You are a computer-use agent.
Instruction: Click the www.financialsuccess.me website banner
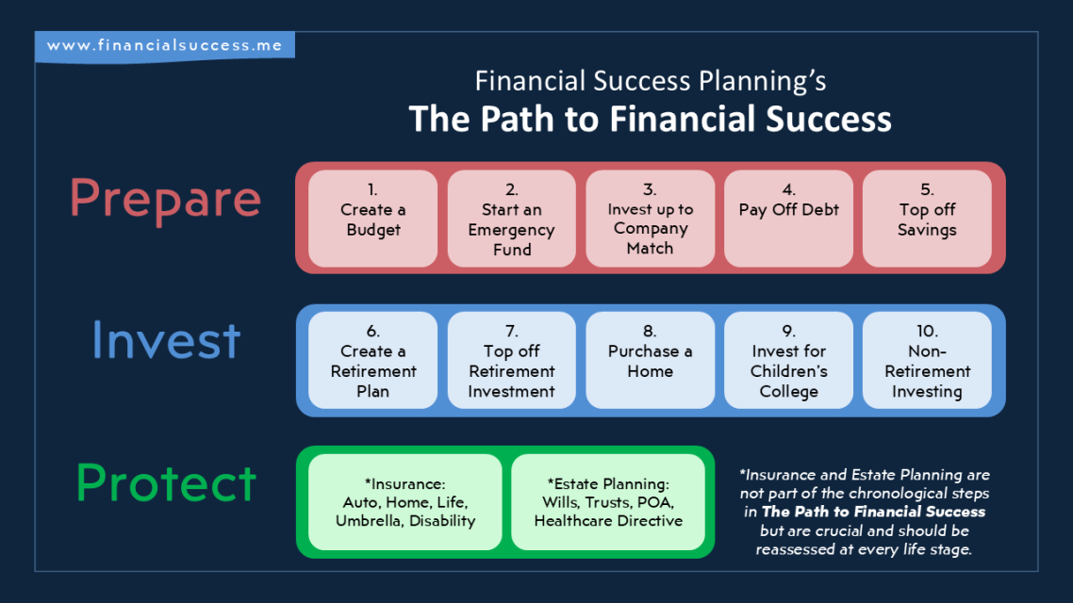point(165,46)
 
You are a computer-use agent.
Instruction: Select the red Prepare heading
point(166,200)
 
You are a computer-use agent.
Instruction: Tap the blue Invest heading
point(166,340)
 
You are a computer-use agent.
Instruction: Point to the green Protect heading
point(166,482)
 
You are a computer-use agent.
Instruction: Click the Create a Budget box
point(373,218)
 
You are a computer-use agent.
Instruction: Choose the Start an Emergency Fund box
point(512,218)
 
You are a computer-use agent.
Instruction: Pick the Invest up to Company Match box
point(650,218)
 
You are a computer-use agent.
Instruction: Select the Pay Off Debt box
point(788,218)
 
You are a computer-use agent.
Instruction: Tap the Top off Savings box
point(927,218)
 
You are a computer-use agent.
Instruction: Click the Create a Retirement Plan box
point(373,360)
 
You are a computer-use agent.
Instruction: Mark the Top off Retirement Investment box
point(512,360)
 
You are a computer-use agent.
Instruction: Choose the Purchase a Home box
point(650,360)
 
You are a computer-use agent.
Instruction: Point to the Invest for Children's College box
point(788,360)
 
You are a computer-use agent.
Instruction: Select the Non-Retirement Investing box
point(927,360)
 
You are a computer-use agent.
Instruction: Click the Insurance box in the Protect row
point(405,502)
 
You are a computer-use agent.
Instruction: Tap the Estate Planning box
point(608,502)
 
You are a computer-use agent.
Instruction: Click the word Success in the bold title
point(829,119)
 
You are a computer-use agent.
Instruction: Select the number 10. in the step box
point(927,331)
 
